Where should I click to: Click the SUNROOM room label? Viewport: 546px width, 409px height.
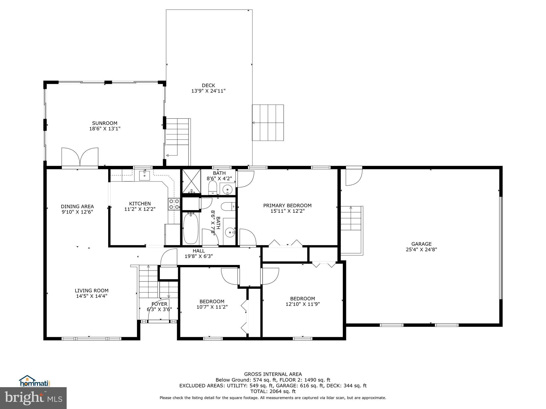click(105, 123)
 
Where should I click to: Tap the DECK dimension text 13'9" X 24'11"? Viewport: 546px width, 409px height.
click(208, 91)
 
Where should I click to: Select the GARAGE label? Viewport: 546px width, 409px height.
click(421, 244)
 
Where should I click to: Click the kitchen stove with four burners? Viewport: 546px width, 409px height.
click(174, 204)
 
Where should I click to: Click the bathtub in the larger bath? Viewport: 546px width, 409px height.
click(191, 228)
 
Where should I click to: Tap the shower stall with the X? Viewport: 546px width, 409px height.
click(191, 181)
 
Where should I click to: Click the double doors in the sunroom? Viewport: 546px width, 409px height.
click(80, 157)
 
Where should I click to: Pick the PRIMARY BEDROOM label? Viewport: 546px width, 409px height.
click(287, 206)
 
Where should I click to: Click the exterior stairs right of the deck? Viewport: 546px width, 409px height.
click(268, 122)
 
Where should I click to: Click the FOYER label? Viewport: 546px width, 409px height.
click(159, 304)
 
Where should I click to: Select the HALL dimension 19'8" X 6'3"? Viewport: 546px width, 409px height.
click(199, 256)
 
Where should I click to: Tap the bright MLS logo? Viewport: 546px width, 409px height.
click(33, 398)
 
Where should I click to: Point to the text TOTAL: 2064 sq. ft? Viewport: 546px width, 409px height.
click(273, 391)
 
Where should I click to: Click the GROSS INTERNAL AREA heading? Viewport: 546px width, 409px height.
click(273, 374)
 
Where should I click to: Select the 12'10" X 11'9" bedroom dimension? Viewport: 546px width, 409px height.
click(303, 304)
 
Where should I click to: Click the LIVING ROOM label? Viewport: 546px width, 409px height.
click(91, 291)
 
